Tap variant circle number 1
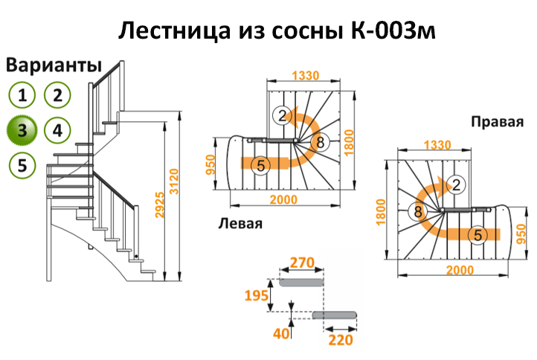point(23,94)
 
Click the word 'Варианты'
point(53,65)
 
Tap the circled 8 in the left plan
point(320,142)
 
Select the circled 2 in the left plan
point(280,115)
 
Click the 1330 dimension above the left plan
point(305,74)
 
